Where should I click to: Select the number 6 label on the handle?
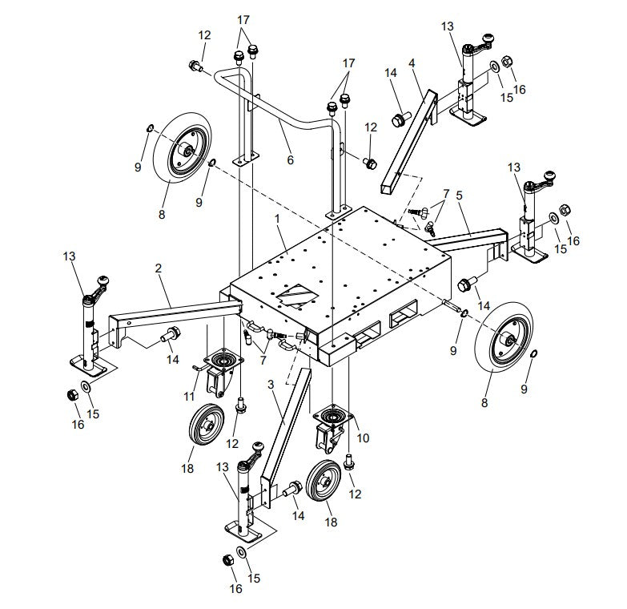(290, 160)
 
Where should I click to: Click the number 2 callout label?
(159, 269)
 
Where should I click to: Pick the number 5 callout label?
(458, 194)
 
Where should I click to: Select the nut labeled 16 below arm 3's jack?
(227, 559)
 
